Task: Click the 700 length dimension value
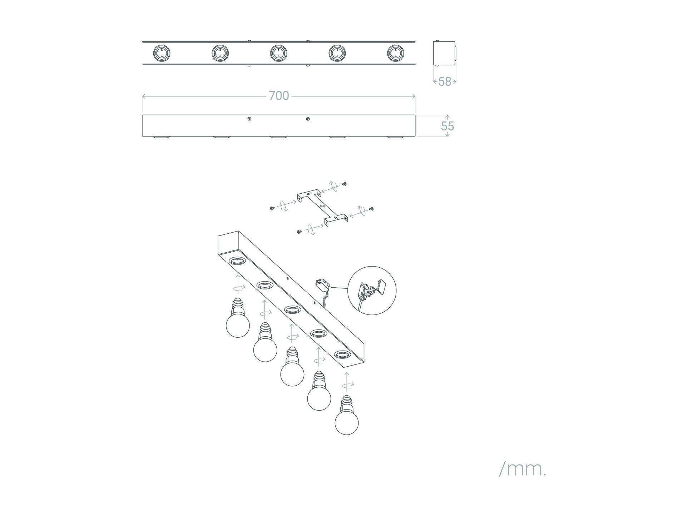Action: click(279, 96)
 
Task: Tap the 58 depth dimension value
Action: click(445, 81)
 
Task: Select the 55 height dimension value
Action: click(447, 126)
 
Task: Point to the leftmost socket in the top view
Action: click(162, 53)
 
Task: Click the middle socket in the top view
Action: click(279, 53)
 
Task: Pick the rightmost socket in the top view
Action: click(396, 53)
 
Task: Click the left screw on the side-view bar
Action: click(249, 119)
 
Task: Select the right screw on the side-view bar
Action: click(308, 119)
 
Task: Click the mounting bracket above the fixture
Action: click(322, 208)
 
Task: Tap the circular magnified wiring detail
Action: click(372, 290)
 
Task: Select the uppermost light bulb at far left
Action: click(238, 318)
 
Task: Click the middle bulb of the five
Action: click(292, 366)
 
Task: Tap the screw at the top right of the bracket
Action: click(345, 184)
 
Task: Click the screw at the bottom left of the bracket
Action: click(299, 232)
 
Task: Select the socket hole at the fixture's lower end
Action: click(342, 354)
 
